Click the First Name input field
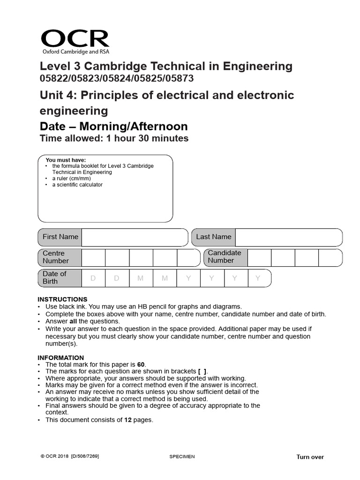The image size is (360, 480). [135, 237]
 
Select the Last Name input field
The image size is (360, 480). [288, 237]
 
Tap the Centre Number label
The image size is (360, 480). [55, 257]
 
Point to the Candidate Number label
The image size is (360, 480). [224, 257]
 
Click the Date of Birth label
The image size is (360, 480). [54, 277]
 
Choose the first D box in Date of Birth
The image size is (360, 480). [93, 278]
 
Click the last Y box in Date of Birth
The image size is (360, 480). [257, 278]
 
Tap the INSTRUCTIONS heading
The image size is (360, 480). [62, 300]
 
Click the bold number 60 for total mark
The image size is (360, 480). [141, 364]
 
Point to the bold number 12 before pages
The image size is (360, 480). [127, 420]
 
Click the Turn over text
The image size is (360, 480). [310, 457]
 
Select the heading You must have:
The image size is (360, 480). [66, 160]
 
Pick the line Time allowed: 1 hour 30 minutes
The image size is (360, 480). [114, 138]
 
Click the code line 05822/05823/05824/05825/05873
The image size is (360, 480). [117, 79]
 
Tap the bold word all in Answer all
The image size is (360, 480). [74, 322]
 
